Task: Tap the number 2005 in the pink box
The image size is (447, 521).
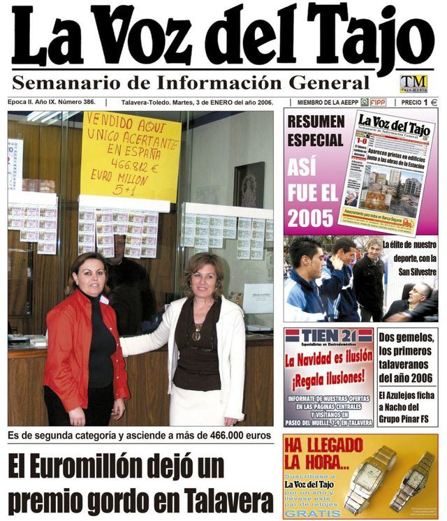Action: [311, 219]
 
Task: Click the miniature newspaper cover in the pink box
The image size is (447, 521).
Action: [386, 171]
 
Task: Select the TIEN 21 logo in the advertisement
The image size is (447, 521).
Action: [328, 336]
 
